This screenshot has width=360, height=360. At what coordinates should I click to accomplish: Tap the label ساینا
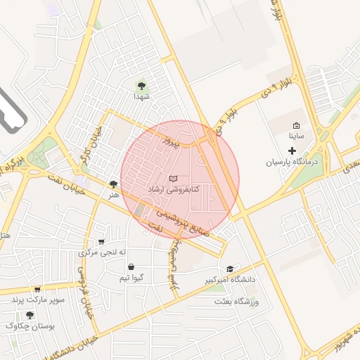point(296,136)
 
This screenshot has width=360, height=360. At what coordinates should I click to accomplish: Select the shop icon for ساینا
point(296,124)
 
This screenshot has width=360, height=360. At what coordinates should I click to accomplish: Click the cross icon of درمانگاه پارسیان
point(292,150)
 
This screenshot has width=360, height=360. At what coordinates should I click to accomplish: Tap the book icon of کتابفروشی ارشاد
point(174,179)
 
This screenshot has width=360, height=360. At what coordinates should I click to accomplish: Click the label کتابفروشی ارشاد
point(175,190)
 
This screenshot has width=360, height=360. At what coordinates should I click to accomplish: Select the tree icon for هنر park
point(113,184)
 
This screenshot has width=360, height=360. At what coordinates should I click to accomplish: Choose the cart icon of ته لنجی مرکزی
point(101,241)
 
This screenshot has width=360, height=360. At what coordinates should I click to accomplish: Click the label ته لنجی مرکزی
point(103,252)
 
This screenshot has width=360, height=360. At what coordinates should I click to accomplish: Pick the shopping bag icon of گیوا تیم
point(131,267)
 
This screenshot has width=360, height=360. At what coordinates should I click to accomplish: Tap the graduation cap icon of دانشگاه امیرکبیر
point(231,269)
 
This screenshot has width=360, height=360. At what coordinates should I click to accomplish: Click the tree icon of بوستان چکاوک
point(30,315)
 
